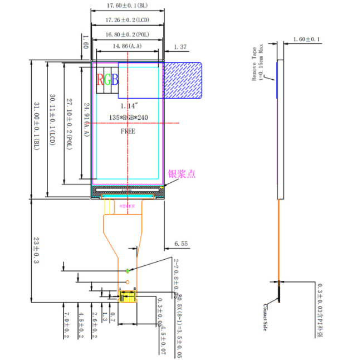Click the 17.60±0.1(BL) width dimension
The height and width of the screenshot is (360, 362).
(x=128, y=6)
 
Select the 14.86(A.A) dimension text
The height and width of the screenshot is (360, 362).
(x=128, y=46)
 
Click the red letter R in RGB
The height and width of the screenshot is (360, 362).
(x=100, y=79)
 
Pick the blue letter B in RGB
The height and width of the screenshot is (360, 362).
(x=115, y=79)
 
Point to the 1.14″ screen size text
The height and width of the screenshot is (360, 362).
(x=128, y=105)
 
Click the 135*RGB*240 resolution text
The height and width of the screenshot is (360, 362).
(x=128, y=118)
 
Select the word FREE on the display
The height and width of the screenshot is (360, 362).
(x=128, y=132)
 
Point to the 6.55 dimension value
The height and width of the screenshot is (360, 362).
(x=182, y=244)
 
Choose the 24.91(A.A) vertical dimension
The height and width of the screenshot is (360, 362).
(x=86, y=119)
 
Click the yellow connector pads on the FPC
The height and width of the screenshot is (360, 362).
(x=128, y=297)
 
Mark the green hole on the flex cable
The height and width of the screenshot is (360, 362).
(x=128, y=271)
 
